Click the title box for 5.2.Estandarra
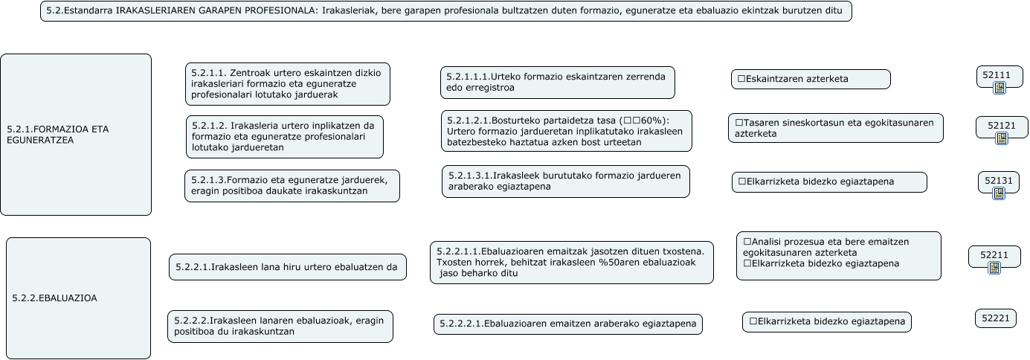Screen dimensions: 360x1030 tap(445, 11)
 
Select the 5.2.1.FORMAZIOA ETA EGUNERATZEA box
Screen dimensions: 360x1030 tap(76, 135)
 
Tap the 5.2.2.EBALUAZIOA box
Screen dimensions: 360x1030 tap(78, 298)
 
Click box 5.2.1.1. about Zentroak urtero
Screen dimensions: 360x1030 tap(287, 84)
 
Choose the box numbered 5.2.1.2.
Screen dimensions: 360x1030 tap(284, 136)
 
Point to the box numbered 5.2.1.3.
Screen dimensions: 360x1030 tap(292, 186)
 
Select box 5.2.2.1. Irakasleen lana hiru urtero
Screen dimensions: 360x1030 tap(287, 267)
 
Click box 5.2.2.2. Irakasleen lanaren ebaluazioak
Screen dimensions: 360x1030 tap(280, 326)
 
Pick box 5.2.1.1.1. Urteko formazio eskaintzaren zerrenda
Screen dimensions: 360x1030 tap(557, 82)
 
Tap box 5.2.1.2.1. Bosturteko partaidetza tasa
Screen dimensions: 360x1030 tap(566, 131)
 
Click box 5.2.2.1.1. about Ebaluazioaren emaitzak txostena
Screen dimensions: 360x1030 tap(571, 262)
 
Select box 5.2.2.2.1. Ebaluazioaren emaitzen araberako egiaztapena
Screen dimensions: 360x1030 tap(567, 324)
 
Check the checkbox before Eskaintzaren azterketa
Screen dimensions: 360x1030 tap(741, 79)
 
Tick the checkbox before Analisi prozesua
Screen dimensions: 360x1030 tap(747, 242)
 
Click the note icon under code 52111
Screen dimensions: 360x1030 tap(999, 89)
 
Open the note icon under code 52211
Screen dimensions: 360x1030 tap(994, 268)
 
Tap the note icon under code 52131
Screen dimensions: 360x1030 tap(998, 193)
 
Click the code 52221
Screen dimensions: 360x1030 tap(995, 318)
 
